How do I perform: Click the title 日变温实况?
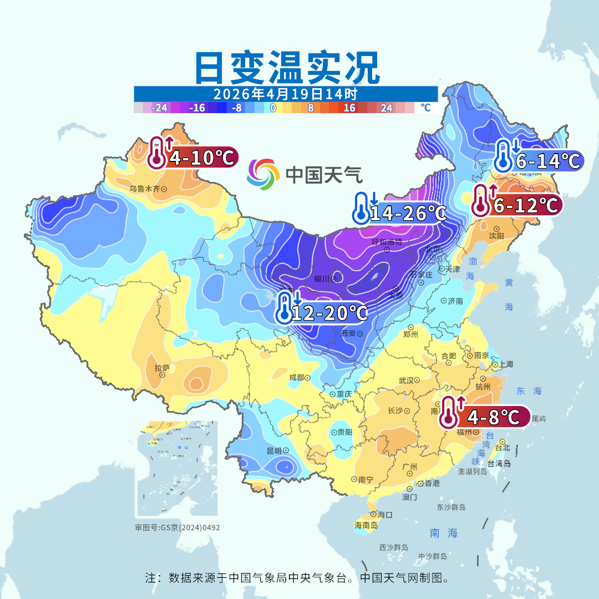point(286,68)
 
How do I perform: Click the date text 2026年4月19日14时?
point(285,94)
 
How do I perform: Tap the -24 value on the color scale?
point(160,108)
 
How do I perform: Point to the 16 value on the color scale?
point(349,108)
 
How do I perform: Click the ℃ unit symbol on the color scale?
point(425,108)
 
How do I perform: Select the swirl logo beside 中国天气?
point(263,174)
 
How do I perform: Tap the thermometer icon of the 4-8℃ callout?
point(449,414)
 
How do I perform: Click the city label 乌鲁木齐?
point(145,189)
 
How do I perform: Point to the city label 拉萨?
point(162,367)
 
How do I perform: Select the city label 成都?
point(297,378)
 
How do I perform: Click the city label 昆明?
point(275,450)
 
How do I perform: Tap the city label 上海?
point(506,364)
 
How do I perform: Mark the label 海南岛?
point(366,525)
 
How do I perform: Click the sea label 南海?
point(444,533)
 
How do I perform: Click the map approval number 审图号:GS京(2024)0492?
point(177,527)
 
